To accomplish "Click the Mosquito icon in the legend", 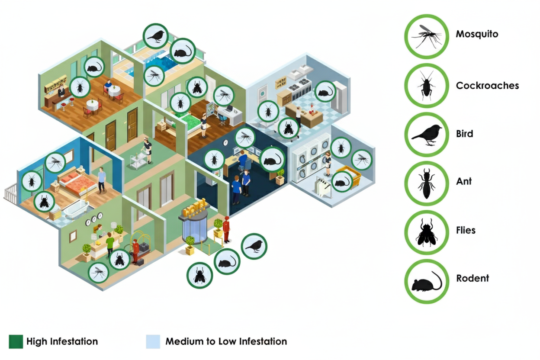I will tap(426, 36).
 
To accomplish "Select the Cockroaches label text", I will tap(487, 86).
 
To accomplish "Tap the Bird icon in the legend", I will tap(426, 134).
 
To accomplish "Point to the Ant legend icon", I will tap(426, 183).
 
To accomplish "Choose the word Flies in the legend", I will tap(466, 230).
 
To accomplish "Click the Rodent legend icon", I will tap(426, 281).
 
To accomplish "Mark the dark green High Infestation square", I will tap(16, 341).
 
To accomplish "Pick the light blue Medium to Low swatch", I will tap(153, 341).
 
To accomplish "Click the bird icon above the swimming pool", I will tap(156, 36).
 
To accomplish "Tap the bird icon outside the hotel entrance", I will tap(254, 246).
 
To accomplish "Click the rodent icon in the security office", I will tap(272, 159).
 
